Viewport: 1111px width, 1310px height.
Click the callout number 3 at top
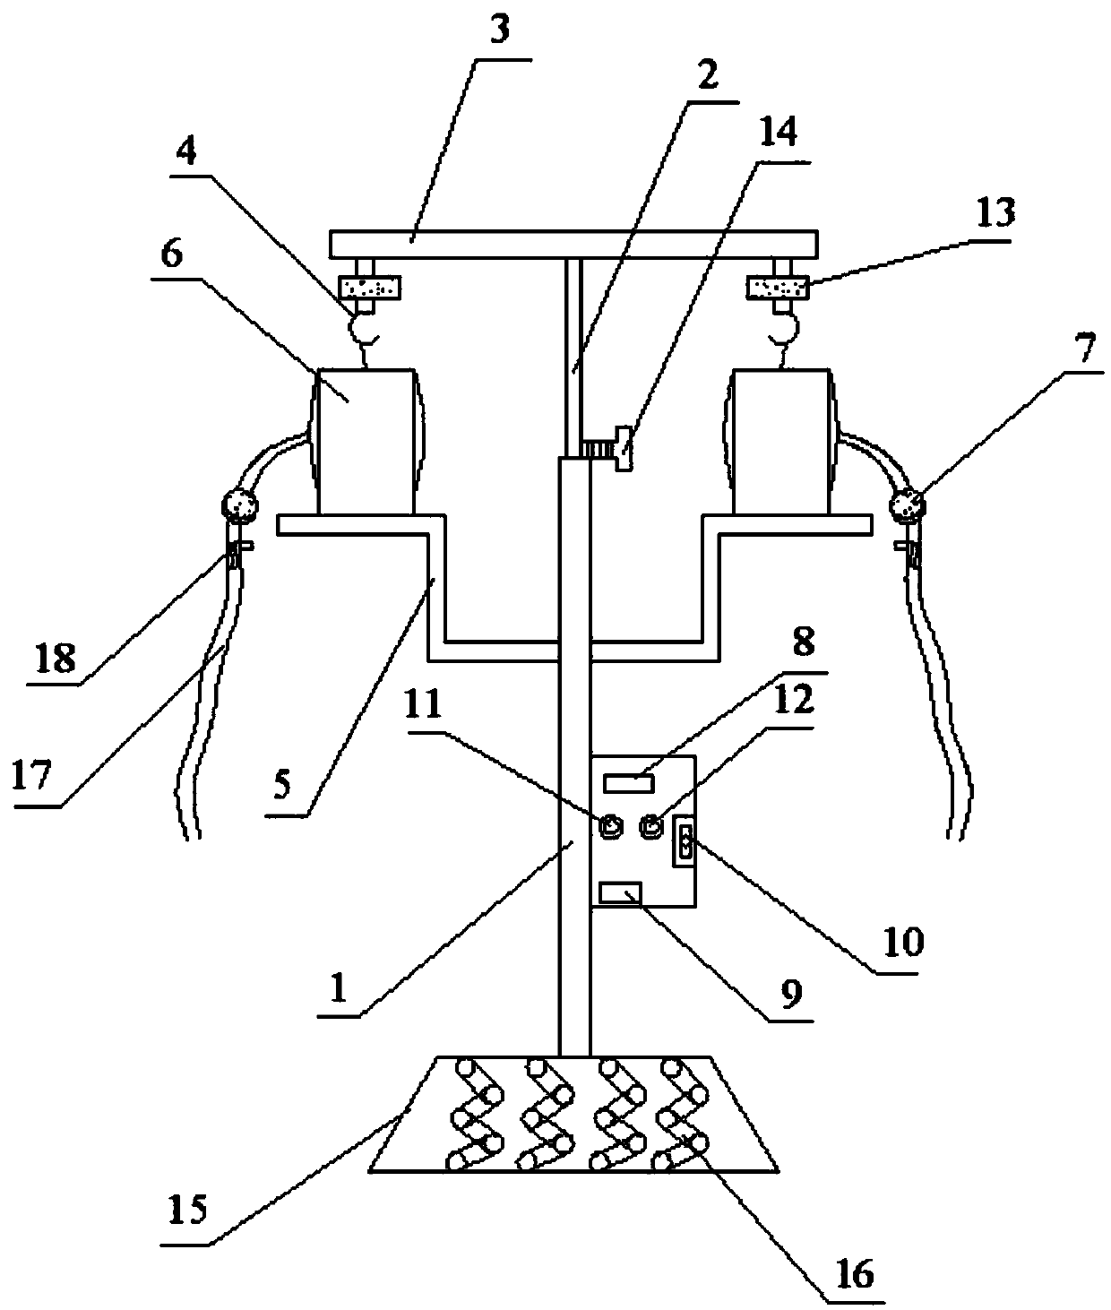[x=500, y=30]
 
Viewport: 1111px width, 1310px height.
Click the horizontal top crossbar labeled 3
[x=573, y=243]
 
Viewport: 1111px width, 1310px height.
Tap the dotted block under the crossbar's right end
[x=778, y=288]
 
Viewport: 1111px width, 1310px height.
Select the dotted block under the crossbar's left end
[x=368, y=288]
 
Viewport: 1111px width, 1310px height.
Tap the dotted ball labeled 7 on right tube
[x=909, y=506]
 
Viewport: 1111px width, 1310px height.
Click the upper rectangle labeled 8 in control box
[x=629, y=783]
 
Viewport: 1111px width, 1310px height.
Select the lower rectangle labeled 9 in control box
[x=621, y=892]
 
